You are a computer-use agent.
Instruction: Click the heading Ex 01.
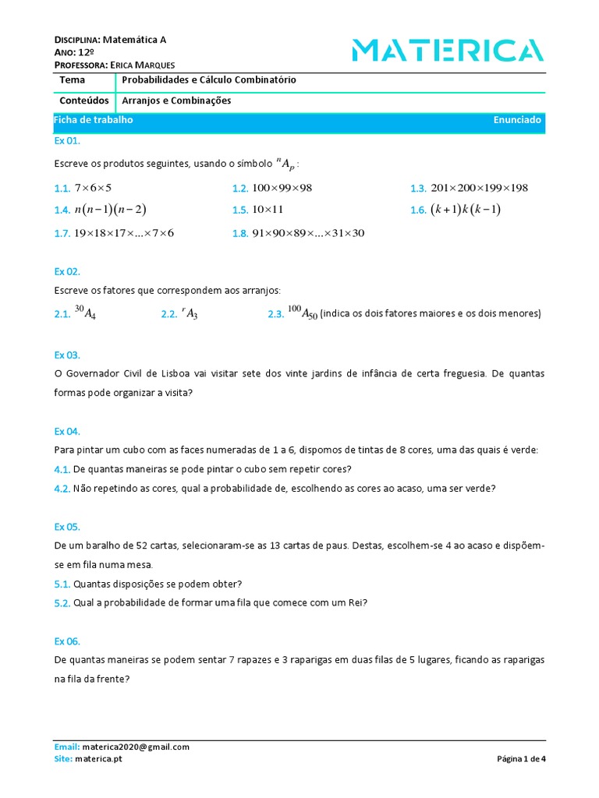pyautogui.click(x=67, y=141)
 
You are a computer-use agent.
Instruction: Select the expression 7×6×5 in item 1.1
pyautogui.click(x=94, y=188)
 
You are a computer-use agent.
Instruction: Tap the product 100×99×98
pyautogui.click(x=282, y=188)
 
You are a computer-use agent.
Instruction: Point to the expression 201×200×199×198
pyautogui.click(x=479, y=188)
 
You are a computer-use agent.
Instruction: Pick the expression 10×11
pyautogui.click(x=268, y=210)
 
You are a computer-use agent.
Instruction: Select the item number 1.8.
pyautogui.click(x=239, y=233)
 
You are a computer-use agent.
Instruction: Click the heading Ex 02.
pyautogui.click(x=67, y=272)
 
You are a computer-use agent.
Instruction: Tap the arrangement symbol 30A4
pyautogui.click(x=85, y=313)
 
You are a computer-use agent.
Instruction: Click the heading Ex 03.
pyautogui.click(x=67, y=355)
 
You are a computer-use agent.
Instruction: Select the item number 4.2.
pyautogui.click(x=62, y=489)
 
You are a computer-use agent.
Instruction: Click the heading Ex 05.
pyautogui.click(x=67, y=527)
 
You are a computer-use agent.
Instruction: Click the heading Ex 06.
pyautogui.click(x=67, y=641)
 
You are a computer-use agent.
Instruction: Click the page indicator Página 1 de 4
pyautogui.click(x=521, y=758)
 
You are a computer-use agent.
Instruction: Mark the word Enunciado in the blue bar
pyautogui.click(x=517, y=120)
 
